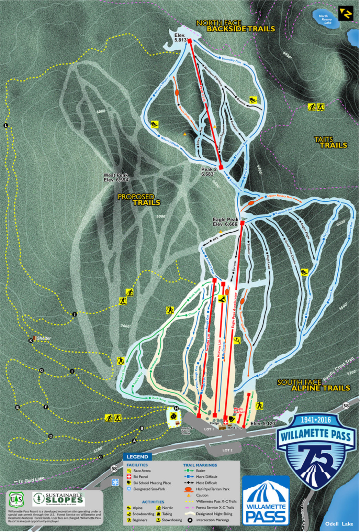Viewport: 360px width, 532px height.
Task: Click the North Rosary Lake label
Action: (x=325, y=19)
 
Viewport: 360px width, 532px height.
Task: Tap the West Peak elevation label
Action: (x=116, y=177)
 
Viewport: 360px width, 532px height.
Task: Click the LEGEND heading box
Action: (x=137, y=457)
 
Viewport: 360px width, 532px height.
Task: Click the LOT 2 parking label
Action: (x=227, y=450)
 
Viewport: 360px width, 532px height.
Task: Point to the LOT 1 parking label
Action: (x=209, y=429)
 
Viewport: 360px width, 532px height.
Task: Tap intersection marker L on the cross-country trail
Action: (x=6, y=125)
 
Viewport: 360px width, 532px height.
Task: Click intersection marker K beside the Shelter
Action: (x=31, y=340)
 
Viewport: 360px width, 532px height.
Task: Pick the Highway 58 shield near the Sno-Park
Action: (x=114, y=468)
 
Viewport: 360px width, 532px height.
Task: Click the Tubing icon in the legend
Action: (x=158, y=514)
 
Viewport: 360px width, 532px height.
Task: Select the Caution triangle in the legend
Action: (x=188, y=495)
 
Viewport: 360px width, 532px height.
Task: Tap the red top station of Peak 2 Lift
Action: (x=190, y=41)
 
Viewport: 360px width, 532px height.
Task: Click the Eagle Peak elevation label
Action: (x=225, y=222)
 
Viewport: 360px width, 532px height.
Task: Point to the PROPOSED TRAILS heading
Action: (x=139, y=199)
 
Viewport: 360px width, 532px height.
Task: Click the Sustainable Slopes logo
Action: (x=59, y=499)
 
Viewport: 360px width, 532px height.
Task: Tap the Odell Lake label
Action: (x=339, y=524)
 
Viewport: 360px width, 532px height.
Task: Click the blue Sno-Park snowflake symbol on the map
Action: (x=115, y=483)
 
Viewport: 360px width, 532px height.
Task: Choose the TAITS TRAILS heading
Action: (x=331, y=142)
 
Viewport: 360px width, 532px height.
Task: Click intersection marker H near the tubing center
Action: (x=176, y=408)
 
